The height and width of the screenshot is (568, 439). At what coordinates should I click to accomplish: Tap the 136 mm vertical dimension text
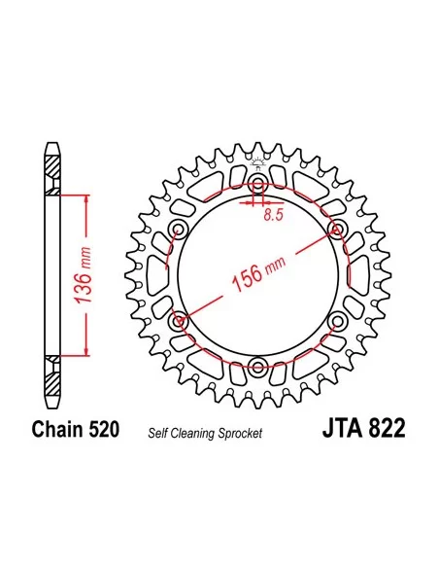point(83,275)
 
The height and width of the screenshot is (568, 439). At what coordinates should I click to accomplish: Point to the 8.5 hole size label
point(273,216)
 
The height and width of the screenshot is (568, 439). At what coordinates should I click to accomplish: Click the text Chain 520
point(76,429)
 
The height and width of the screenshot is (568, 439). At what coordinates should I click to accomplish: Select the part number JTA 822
point(364,428)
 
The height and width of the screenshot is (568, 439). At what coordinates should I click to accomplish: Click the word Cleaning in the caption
point(193,433)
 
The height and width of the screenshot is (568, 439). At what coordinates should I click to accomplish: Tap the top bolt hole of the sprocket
point(258,182)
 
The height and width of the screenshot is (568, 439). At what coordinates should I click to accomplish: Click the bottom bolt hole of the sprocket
point(258,365)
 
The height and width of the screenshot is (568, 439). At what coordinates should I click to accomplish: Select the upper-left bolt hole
point(179,229)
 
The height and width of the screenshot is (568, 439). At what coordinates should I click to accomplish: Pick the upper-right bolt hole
point(338,229)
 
